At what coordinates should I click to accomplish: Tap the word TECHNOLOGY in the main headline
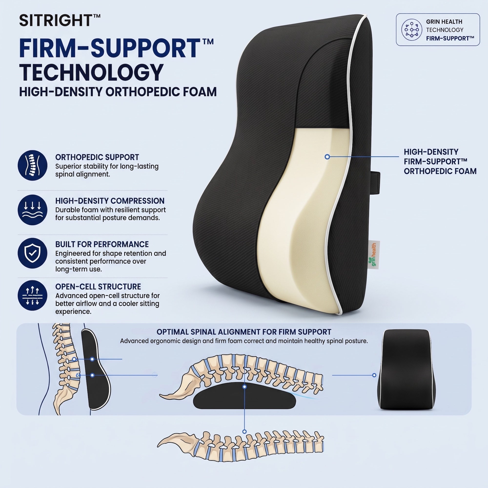(91, 72)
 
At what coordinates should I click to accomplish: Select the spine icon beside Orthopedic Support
(32, 165)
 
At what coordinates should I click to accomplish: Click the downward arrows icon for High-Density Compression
(32, 210)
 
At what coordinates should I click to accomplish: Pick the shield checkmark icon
(32, 253)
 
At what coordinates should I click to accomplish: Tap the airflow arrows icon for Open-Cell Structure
(32, 295)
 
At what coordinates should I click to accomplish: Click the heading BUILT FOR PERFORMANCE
(102, 244)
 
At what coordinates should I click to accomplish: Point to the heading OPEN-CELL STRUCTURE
(98, 287)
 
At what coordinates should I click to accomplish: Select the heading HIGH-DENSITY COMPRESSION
(110, 201)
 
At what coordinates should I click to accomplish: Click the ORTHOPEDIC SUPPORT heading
(97, 157)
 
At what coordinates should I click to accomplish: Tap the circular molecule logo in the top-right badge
(412, 30)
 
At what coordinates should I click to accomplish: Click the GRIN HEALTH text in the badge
(444, 22)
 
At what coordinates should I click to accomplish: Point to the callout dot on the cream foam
(327, 157)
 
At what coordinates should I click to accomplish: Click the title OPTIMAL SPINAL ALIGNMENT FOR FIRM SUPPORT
(244, 332)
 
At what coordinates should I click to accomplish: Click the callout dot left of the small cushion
(374, 375)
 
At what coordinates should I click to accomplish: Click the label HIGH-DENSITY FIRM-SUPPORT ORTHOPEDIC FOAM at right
(440, 162)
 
